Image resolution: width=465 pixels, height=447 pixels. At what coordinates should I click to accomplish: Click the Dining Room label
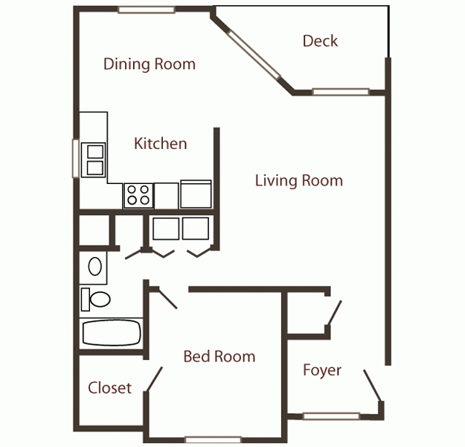(150, 64)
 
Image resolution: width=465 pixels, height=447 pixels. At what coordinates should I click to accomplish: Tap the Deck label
(320, 41)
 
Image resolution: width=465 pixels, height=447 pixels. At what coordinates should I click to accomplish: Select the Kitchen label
(160, 143)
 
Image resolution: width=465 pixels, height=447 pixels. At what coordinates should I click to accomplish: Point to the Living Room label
(298, 180)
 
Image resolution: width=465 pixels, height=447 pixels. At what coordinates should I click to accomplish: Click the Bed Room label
(219, 357)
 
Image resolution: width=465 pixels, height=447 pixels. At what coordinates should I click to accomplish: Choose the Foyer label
(322, 370)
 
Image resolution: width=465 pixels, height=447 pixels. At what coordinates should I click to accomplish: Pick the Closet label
(109, 387)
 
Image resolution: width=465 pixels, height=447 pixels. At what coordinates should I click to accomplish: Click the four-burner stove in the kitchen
(138, 194)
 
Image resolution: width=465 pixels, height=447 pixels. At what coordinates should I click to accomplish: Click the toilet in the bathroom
(94, 299)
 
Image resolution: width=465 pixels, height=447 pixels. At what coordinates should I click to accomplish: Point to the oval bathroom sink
(94, 266)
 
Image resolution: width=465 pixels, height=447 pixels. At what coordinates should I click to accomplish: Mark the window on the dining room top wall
(147, 10)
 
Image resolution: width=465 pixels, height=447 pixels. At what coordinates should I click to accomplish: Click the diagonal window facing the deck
(254, 57)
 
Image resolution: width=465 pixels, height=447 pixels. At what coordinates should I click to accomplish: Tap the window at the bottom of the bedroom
(208, 440)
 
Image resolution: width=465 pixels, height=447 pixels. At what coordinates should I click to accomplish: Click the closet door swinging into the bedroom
(155, 379)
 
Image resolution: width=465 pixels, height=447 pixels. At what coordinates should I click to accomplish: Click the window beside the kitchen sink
(74, 158)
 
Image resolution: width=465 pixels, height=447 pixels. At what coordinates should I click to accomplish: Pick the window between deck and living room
(340, 92)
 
